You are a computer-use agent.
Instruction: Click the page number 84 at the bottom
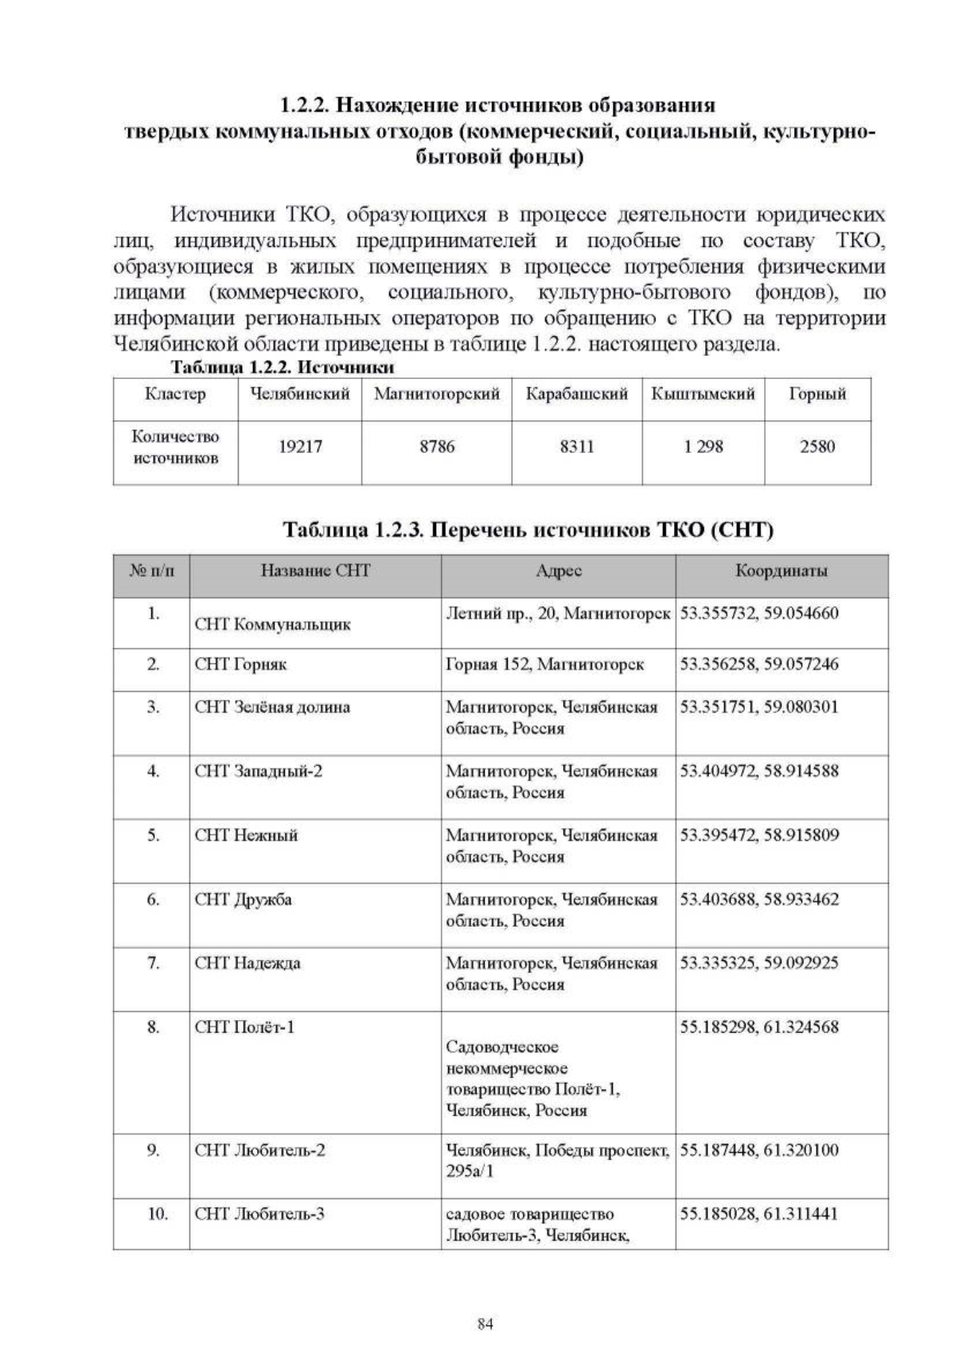tap(485, 1324)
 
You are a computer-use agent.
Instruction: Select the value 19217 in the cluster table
tap(300, 447)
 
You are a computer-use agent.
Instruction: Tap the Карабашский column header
tap(576, 394)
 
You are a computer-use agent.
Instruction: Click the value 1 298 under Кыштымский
tap(703, 447)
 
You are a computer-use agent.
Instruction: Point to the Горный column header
tap(817, 394)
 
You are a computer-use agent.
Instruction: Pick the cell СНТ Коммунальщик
tap(272, 624)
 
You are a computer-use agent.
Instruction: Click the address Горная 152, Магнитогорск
tap(545, 664)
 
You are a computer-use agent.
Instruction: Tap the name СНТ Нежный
tap(246, 835)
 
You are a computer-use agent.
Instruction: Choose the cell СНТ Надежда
tap(248, 963)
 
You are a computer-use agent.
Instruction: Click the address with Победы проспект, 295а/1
tap(557, 1160)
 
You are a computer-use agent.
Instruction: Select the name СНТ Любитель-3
tap(259, 1214)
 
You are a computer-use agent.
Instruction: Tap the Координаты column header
tap(781, 571)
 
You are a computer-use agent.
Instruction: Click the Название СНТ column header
tap(315, 571)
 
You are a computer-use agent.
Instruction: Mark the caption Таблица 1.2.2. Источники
tap(283, 368)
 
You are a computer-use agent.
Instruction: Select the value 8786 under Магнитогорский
tap(437, 447)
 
